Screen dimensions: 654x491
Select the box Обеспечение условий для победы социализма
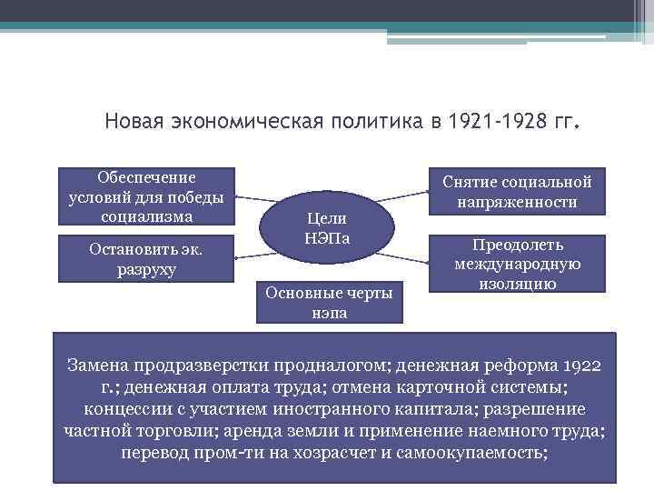pyautogui.click(x=146, y=195)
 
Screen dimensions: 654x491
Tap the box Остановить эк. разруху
pyautogui.click(x=146, y=258)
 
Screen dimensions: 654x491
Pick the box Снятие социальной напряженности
pyautogui.click(x=517, y=191)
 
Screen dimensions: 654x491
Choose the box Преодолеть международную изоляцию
pyautogui.click(x=517, y=265)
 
